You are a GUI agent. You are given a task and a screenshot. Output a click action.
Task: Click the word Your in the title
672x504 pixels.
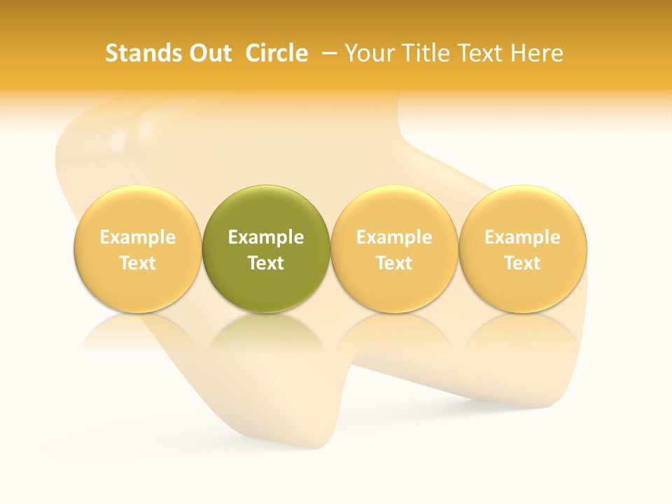tap(370, 53)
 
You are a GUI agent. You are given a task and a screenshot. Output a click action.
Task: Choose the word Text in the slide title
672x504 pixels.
tap(484, 53)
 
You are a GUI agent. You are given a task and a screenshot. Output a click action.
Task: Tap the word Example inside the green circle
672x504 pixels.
tap(266, 237)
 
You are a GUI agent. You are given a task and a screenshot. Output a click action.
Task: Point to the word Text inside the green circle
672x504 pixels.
tap(266, 263)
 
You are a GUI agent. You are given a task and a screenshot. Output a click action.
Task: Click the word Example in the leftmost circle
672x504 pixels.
tap(137, 237)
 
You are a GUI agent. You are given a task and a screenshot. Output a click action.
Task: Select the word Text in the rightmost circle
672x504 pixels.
tap(523, 263)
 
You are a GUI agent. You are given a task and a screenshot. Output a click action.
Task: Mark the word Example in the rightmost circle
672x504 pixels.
tap(523, 237)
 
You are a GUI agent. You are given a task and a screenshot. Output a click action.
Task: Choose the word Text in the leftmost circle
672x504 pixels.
tap(137, 263)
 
